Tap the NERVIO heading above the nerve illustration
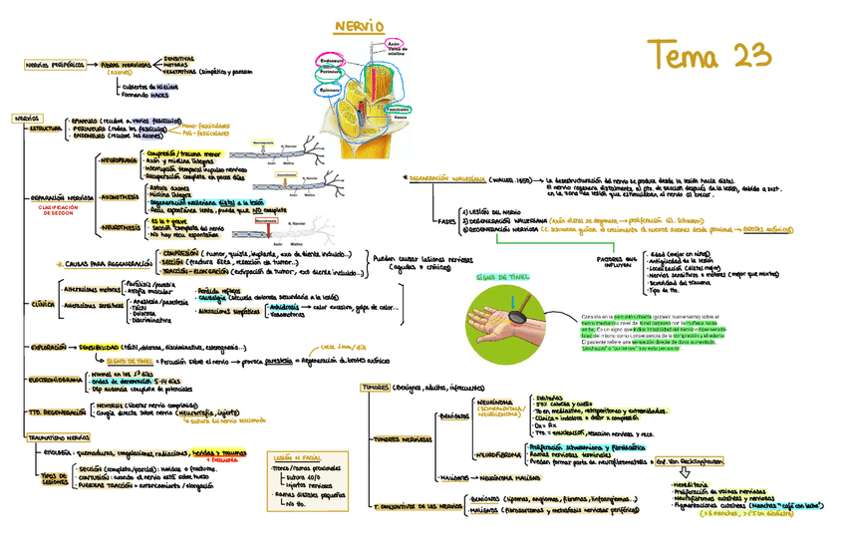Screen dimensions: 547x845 [360, 25]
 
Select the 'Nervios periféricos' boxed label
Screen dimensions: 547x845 [55, 65]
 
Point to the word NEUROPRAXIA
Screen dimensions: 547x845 [119, 158]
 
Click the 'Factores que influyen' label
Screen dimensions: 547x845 [616, 261]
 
